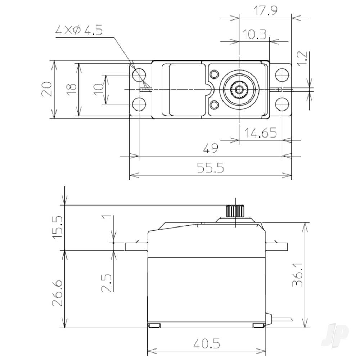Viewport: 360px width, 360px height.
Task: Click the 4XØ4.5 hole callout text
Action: pos(78,31)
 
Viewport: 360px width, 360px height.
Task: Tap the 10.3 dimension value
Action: pos(254,35)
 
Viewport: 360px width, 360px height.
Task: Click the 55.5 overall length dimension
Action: pos(211,168)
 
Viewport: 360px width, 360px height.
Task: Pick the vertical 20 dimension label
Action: pos(46,89)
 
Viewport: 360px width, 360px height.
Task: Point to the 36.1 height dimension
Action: pos(297,276)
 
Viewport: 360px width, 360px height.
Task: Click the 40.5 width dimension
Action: pos(206,344)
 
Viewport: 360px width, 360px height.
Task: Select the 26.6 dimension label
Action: pos(58,290)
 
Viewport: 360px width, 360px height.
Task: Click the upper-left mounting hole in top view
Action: pos(139,75)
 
